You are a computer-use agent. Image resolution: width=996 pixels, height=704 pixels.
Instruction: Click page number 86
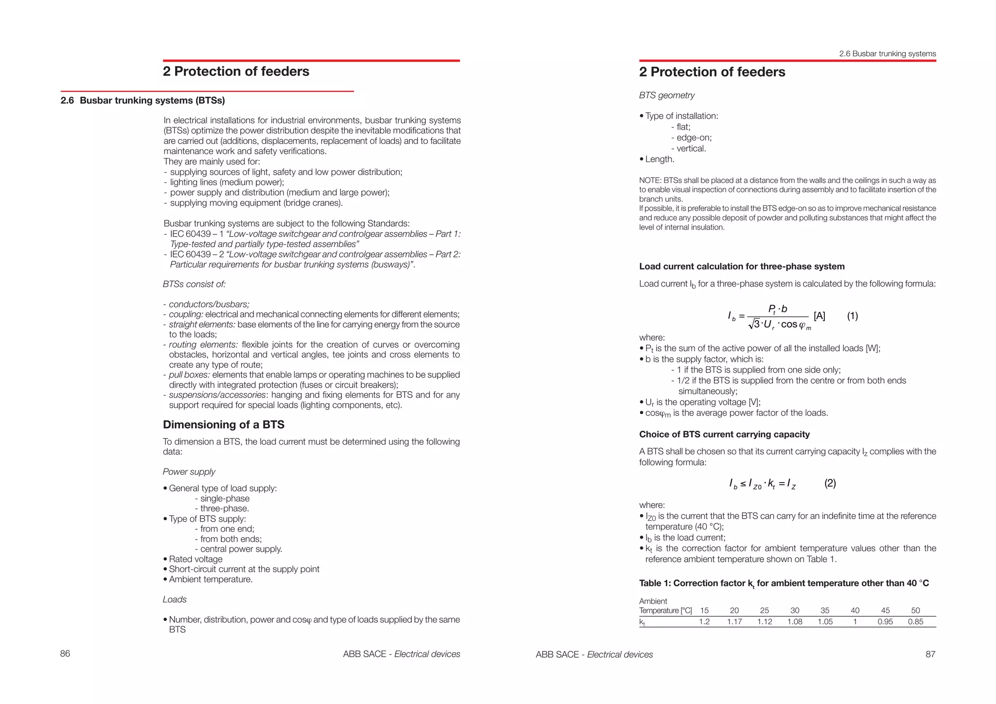tap(65, 654)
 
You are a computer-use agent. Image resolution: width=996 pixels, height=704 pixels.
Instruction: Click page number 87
tap(930, 654)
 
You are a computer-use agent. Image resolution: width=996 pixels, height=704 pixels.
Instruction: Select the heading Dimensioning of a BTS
tap(223, 425)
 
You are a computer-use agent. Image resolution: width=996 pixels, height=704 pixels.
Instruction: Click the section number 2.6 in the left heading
tap(67, 101)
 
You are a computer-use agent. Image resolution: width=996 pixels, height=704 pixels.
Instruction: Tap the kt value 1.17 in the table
tap(734, 622)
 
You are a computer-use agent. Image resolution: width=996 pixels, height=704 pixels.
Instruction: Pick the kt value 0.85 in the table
tap(915, 622)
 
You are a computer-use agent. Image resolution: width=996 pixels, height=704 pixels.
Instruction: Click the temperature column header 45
tap(885, 611)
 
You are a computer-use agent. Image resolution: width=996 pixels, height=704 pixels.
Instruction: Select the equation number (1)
tap(853, 316)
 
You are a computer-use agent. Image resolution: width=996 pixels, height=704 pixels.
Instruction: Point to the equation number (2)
tap(830, 484)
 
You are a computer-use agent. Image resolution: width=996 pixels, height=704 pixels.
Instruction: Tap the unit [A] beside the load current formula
tap(819, 316)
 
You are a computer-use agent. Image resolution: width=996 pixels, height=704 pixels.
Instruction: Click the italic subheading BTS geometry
tap(667, 95)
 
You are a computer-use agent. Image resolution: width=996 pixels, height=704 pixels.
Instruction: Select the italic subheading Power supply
tap(189, 472)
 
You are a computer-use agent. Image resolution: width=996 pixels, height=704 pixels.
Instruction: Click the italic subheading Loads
tap(175, 599)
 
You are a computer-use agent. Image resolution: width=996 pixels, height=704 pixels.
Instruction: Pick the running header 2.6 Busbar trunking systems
tap(887, 54)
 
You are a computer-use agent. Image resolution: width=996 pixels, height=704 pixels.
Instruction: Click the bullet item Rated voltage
tap(196, 560)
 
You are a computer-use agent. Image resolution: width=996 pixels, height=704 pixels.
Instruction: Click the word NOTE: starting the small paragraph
tap(650, 181)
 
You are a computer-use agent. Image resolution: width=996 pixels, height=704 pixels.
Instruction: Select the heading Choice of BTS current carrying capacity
tap(724, 434)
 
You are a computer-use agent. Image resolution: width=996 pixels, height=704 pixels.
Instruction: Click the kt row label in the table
tap(642, 622)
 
